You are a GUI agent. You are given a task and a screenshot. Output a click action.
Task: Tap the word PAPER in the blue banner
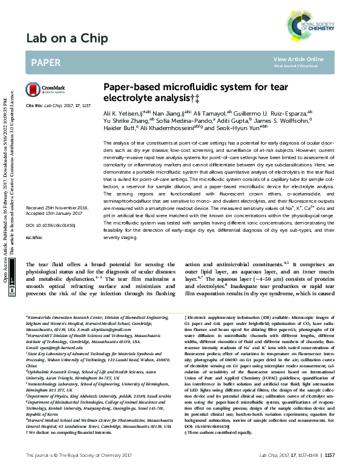pyautogui.click(x=45, y=62)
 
